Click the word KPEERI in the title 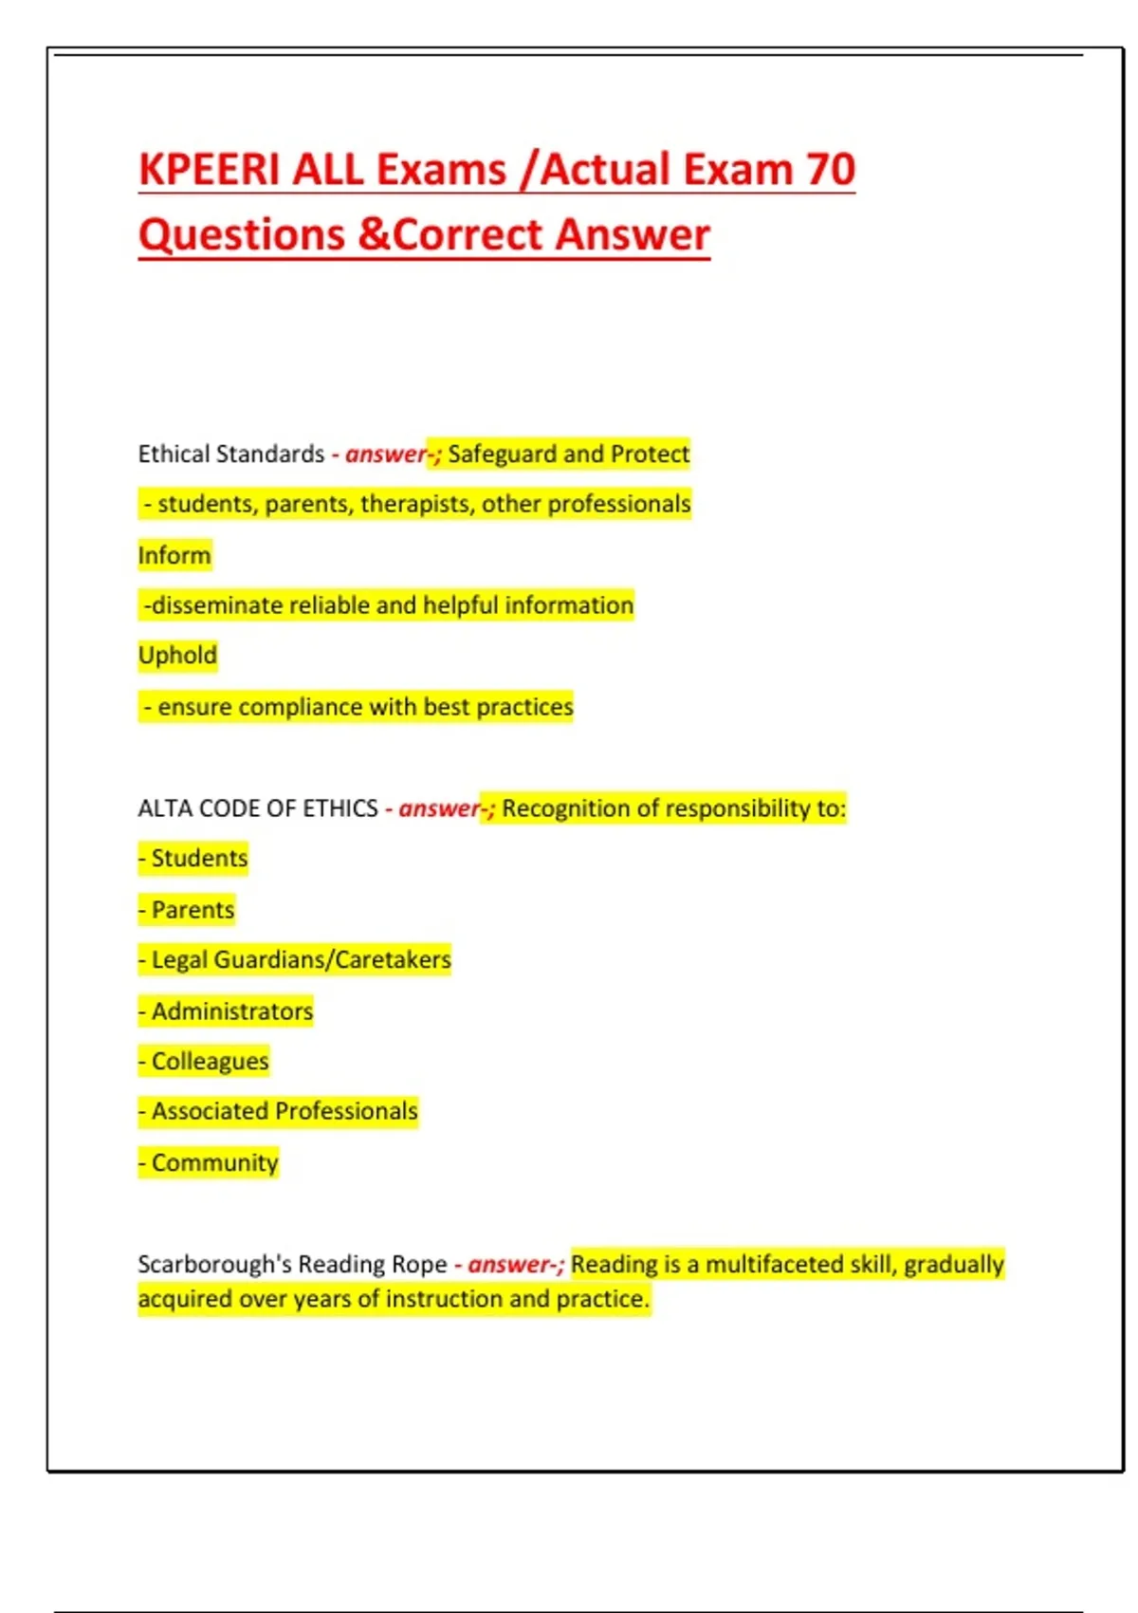point(209,170)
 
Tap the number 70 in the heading point(831,170)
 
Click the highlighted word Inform point(174,555)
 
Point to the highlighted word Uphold point(177,656)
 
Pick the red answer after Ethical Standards point(386,454)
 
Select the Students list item point(198,859)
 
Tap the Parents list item point(192,910)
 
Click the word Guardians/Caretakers point(332,960)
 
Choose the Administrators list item point(231,1011)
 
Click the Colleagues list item point(210,1062)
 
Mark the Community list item point(214,1163)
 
